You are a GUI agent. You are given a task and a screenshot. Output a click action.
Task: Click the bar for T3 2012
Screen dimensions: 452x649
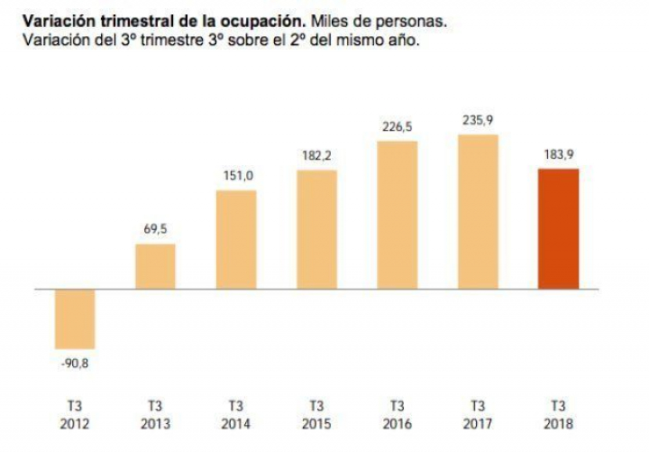pyautogui.click(x=75, y=318)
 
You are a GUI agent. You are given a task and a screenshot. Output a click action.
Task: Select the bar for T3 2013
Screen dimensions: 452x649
pyautogui.click(x=155, y=266)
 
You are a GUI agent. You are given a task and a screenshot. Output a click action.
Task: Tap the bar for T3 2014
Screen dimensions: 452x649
pyautogui.click(x=236, y=239)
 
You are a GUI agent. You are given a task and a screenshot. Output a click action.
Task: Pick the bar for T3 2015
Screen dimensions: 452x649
pyautogui.click(x=316, y=229)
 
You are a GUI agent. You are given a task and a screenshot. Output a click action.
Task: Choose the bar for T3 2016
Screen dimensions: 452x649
pyautogui.click(x=397, y=215)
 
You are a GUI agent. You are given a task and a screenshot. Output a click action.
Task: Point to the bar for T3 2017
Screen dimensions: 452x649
pyautogui.click(x=477, y=211)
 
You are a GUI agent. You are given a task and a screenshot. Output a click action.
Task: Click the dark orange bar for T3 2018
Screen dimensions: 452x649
pyautogui.click(x=558, y=228)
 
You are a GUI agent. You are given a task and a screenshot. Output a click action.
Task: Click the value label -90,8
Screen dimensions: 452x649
pyautogui.click(x=75, y=364)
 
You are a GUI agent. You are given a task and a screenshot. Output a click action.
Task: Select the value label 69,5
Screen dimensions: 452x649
pyautogui.click(x=155, y=229)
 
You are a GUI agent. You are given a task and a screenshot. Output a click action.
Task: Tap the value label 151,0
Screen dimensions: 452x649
pyautogui.click(x=236, y=176)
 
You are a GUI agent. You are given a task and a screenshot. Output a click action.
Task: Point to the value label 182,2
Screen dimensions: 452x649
pyautogui.click(x=316, y=155)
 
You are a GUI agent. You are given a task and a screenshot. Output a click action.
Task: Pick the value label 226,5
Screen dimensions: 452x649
pyautogui.click(x=397, y=126)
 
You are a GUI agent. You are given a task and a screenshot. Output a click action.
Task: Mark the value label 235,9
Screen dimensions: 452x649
pyautogui.click(x=477, y=119)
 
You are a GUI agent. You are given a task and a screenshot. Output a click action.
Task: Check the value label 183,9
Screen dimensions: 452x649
pyautogui.click(x=558, y=153)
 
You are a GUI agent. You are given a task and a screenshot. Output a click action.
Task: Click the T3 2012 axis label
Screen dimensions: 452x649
pyautogui.click(x=75, y=414)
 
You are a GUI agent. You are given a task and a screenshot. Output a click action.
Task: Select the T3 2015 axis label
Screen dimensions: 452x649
pyautogui.click(x=316, y=414)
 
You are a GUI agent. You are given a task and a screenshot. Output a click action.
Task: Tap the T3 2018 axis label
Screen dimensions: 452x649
pyautogui.click(x=558, y=414)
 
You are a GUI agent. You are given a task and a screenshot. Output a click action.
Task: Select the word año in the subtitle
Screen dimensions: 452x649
pyautogui.click(x=402, y=40)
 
